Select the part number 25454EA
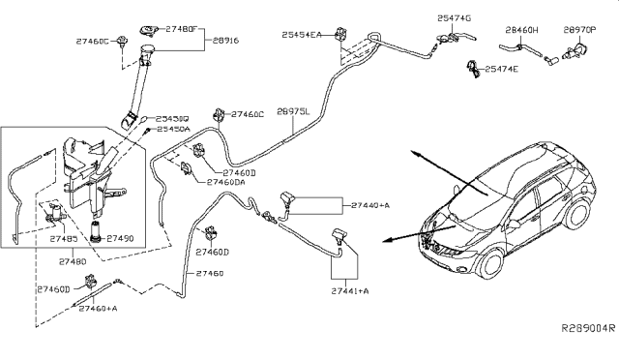(302, 34)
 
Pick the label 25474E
(501, 69)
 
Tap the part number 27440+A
(370, 205)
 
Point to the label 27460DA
(225, 181)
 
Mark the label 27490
(120, 237)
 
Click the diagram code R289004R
(586, 328)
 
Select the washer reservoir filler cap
(148, 33)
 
